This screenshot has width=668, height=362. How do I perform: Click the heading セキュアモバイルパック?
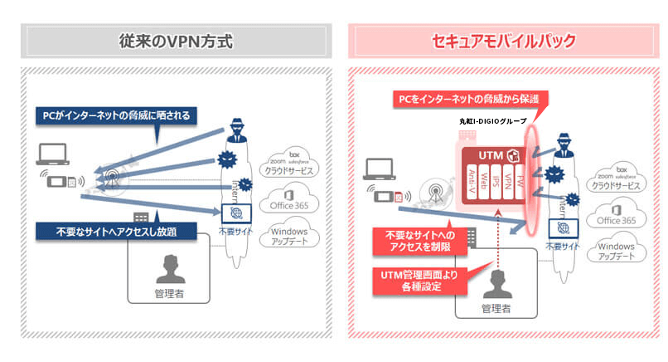tap(504, 41)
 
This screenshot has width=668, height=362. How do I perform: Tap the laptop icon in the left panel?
tap(55, 154)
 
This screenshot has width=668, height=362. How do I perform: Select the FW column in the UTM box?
tap(519, 183)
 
